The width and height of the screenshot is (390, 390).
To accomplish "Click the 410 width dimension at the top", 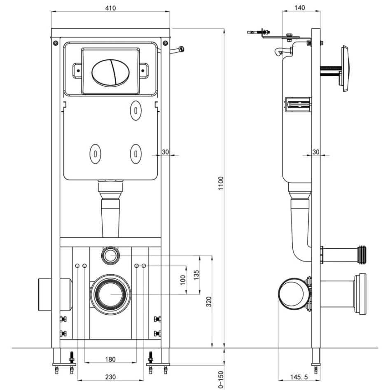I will [x=110, y=8].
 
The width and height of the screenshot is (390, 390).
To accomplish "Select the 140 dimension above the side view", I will [x=300, y=8].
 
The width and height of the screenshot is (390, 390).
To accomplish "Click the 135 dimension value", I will [x=196, y=275].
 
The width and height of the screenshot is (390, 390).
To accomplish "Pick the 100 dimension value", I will [x=183, y=280].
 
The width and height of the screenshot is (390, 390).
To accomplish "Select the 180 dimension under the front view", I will [x=110, y=359].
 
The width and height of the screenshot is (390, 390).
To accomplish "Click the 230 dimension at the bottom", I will [x=110, y=376].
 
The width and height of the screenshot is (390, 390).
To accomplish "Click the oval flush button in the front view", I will [x=110, y=72].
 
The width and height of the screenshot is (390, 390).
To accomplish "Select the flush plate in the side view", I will [x=344, y=69].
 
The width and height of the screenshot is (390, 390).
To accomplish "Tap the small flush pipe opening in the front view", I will [x=110, y=255].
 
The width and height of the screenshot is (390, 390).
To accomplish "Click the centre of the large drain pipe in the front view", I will [x=110, y=295].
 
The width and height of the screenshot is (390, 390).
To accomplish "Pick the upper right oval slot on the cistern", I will [x=135, y=110].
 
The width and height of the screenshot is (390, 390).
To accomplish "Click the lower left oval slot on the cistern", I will [x=95, y=153].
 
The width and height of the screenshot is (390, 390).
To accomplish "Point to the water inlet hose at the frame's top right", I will [x=177, y=50].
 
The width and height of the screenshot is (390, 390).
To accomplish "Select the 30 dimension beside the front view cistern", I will [x=165, y=152].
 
